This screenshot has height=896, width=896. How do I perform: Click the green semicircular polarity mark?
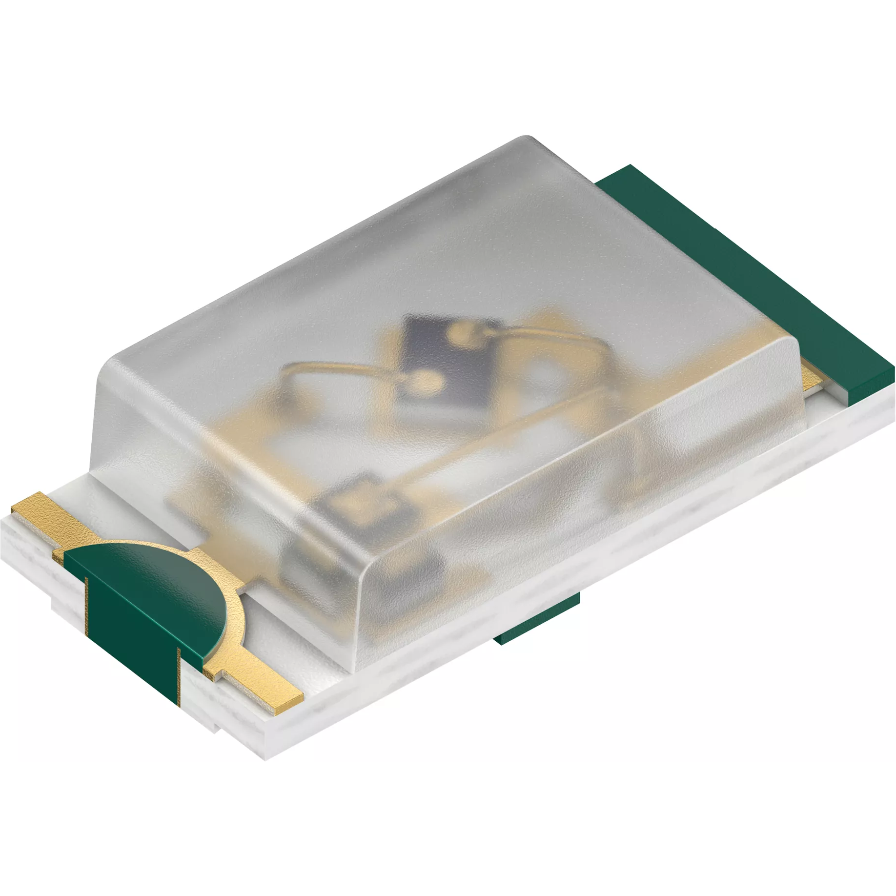click(146, 581)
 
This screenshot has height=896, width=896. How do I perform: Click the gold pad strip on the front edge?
click(259, 683)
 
